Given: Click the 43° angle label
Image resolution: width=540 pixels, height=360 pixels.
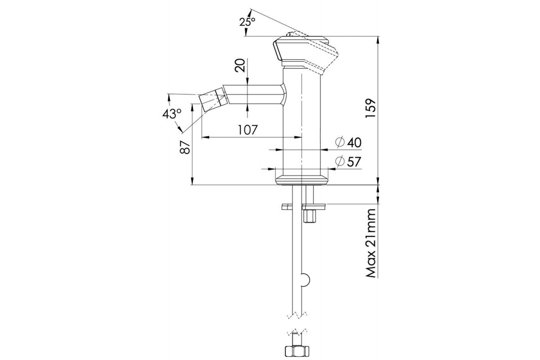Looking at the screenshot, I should [172, 114].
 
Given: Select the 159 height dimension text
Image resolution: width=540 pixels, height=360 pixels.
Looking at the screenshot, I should [370, 108].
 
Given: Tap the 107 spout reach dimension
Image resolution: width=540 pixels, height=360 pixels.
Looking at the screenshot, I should [247, 130].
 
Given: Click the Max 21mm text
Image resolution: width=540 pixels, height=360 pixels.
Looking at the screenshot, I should [371, 243].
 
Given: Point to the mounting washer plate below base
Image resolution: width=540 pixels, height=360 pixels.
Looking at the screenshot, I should [305, 207].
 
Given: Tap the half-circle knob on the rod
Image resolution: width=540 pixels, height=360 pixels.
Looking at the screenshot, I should [306, 280].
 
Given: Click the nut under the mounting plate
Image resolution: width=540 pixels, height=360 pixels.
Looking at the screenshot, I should [310, 216].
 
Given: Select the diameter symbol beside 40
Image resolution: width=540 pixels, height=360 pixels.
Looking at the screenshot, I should [340, 142].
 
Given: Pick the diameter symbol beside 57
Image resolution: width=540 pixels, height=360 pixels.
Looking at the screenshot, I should [340, 162].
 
